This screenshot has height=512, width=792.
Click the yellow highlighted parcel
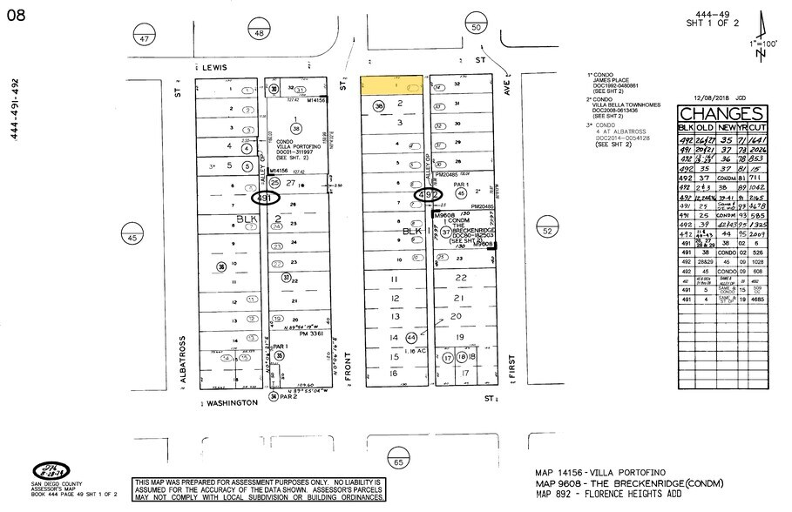pos(391,85)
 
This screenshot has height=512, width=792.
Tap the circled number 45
pos(132,238)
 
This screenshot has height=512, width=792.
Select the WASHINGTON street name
pos(230,403)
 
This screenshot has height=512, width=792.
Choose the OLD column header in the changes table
pos(704,129)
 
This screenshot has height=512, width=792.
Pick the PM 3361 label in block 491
pos(297,332)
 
